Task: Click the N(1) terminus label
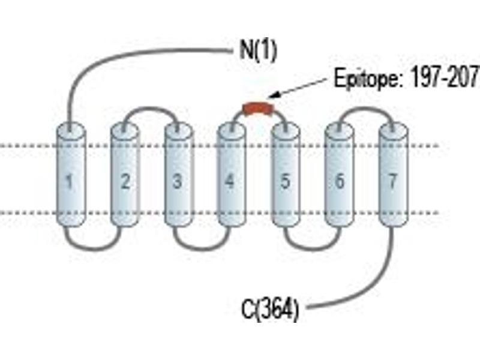(x=258, y=50)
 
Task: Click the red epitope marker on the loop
(x=258, y=109)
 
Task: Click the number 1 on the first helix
(x=70, y=182)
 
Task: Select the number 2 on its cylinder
(x=125, y=181)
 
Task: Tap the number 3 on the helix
(x=177, y=181)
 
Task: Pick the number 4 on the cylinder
(x=230, y=181)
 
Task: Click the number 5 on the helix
(x=285, y=181)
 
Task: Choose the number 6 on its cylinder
(x=339, y=181)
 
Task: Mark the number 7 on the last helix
(x=392, y=181)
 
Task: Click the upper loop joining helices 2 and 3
(x=151, y=108)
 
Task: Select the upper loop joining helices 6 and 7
(x=365, y=108)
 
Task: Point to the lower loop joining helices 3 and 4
(x=202, y=248)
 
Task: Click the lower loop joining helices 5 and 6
(x=312, y=248)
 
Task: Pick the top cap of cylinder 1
(x=71, y=130)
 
